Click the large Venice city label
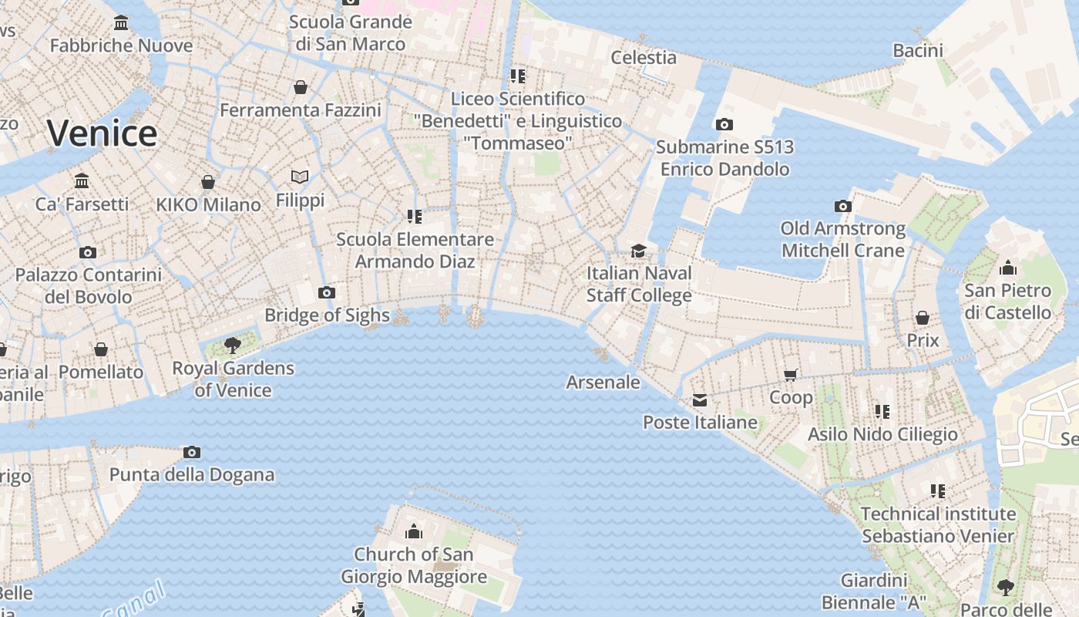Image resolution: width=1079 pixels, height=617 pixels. point(102,133)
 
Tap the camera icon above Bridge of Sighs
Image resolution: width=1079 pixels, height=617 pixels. point(327,292)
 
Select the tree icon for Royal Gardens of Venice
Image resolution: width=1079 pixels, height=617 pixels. point(232,345)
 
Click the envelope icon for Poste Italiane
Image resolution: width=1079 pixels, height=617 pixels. point(700,400)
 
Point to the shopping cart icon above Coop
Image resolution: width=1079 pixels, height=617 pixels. point(790,375)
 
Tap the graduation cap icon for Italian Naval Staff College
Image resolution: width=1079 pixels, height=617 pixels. point(638,251)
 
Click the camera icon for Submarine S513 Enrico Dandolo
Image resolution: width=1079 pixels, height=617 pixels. point(724,124)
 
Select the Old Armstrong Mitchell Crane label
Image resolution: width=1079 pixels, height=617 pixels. point(843,239)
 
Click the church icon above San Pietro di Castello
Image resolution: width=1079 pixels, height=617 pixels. point(1007,268)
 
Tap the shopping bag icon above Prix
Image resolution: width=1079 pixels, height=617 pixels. point(923,318)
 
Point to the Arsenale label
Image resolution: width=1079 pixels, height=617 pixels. point(603,382)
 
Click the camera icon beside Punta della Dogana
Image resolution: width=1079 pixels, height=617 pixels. point(192,452)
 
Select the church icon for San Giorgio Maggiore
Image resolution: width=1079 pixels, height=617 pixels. point(414,531)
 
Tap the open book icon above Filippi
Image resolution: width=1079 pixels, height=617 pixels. point(300,177)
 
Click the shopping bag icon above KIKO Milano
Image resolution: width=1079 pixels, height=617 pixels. point(208,182)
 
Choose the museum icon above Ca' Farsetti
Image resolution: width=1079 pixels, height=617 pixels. point(82,181)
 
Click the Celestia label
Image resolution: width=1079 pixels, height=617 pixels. point(644,57)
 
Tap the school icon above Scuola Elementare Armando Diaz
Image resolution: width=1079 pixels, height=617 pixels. point(415,217)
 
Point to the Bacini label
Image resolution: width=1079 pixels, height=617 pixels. point(918,51)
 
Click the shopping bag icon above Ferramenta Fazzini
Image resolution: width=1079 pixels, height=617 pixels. point(301,87)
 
